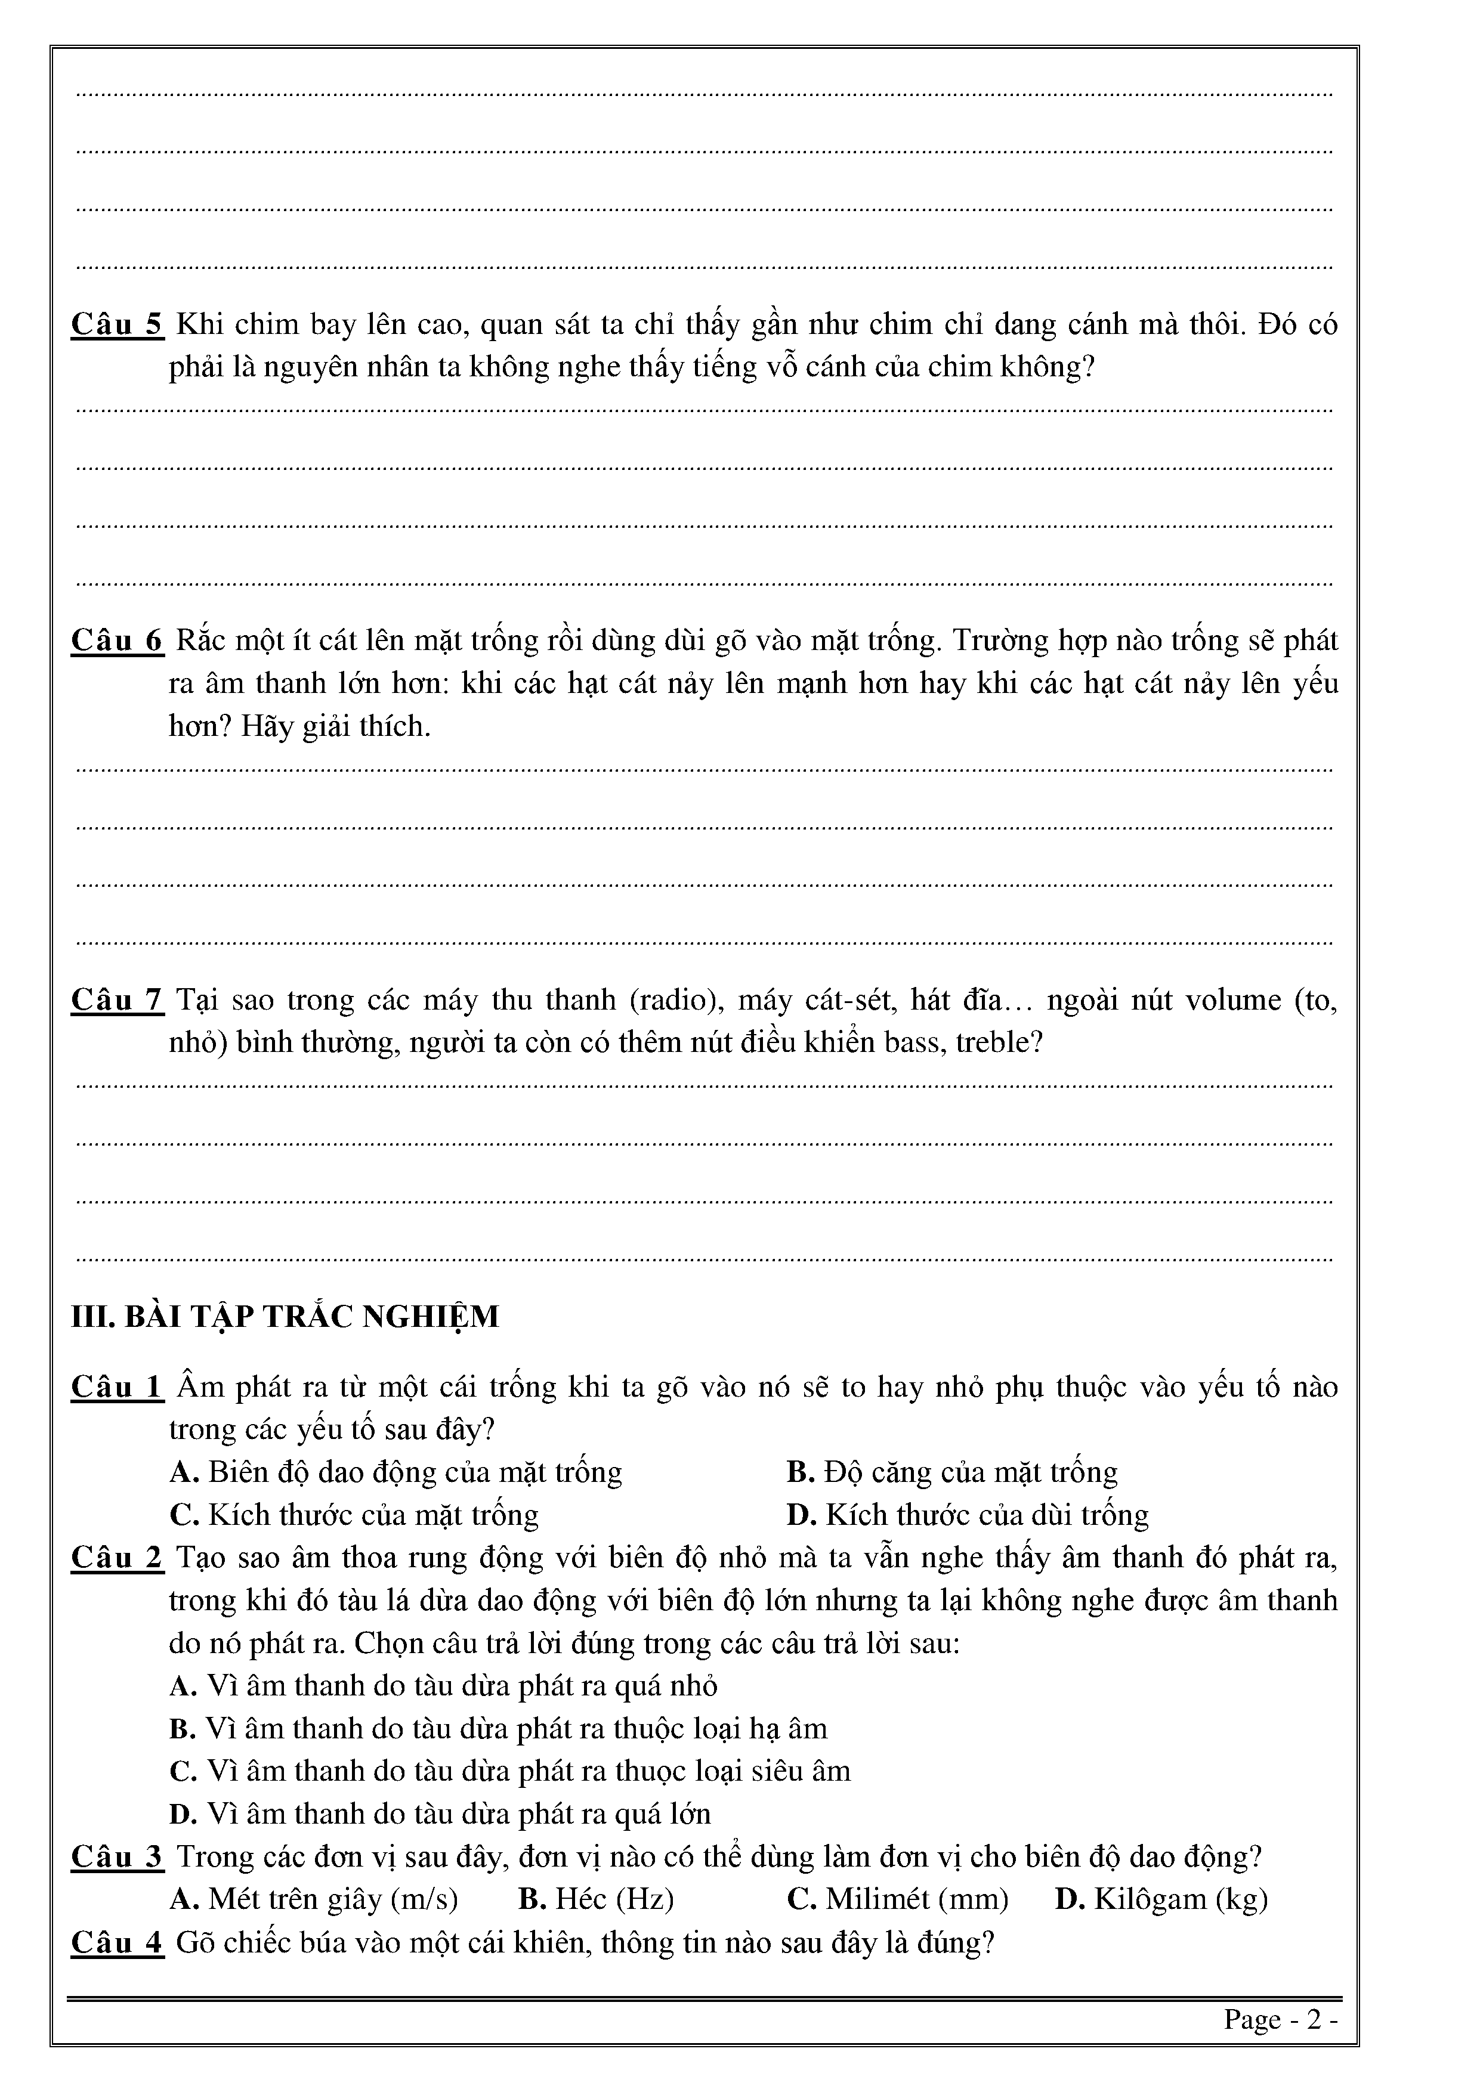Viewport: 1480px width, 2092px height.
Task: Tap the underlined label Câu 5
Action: tap(117, 324)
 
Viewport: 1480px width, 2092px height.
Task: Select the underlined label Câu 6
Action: tap(117, 640)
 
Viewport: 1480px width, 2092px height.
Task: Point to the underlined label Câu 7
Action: tap(117, 999)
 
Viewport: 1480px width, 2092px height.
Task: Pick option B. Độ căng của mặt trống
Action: tap(952, 1472)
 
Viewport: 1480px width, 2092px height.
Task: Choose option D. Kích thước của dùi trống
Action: tap(968, 1514)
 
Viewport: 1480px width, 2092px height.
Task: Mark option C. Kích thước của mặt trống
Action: tap(354, 1514)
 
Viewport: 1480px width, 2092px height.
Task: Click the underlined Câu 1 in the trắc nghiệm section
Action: tap(117, 1387)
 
